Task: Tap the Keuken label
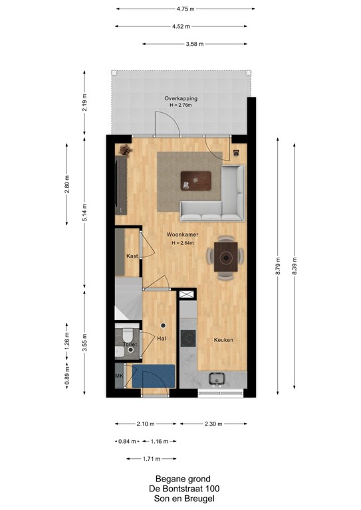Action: [223, 339]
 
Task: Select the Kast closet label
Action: [132, 256]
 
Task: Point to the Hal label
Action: [161, 339]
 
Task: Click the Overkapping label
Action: [181, 98]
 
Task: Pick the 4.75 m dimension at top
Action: [185, 9]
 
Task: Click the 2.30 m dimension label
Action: [214, 424]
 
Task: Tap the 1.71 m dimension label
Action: [151, 458]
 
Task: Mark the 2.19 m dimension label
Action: [84, 102]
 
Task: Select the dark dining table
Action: [225, 255]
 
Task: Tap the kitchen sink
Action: [216, 379]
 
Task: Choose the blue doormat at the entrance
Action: [153, 376]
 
